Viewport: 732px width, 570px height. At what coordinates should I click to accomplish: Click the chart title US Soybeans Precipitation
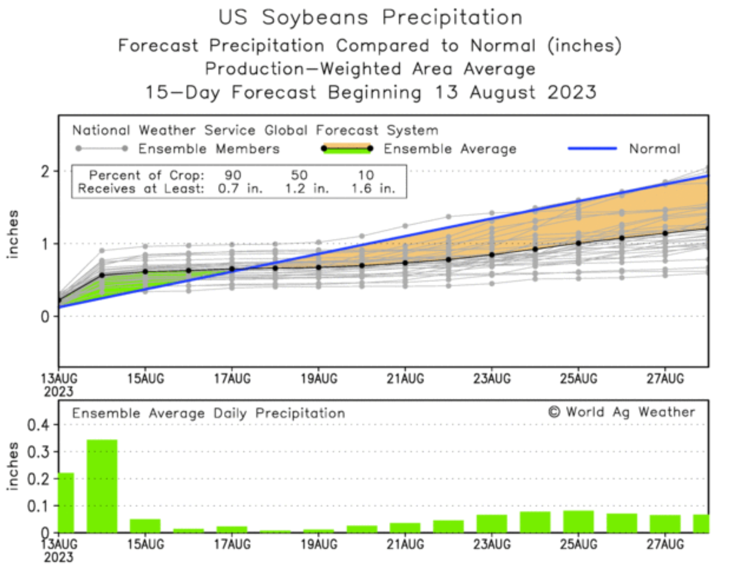click(370, 18)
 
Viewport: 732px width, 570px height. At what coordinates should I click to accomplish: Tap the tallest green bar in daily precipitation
click(102, 485)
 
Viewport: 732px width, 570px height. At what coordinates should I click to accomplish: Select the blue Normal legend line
click(592, 149)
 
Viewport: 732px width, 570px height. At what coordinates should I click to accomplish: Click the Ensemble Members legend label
click(209, 149)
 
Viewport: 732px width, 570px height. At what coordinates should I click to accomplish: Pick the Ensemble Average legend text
click(449, 149)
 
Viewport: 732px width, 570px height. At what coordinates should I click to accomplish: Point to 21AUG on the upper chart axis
click(405, 379)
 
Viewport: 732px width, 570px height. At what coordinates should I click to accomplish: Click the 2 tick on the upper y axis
click(46, 172)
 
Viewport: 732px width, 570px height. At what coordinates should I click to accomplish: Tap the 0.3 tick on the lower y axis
click(38, 452)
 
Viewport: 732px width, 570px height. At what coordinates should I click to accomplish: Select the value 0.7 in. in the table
click(240, 189)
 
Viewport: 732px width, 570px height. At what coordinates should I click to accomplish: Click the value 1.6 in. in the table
click(373, 189)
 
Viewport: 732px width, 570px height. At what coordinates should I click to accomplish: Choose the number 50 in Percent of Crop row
click(299, 176)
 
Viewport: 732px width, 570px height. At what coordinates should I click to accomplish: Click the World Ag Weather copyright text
click(622, 412)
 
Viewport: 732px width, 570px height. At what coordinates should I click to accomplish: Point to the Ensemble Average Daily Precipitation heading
click(208, 413)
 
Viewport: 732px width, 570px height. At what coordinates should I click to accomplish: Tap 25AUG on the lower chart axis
click(579, 544)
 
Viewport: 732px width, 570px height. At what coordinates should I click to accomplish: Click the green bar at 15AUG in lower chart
click(145, 526)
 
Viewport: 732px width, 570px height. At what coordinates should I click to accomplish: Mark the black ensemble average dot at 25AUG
click(579, 243)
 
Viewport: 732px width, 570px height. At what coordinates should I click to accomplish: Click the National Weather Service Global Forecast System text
click(255, 131)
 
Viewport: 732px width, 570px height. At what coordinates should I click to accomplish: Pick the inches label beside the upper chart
click(13, 234)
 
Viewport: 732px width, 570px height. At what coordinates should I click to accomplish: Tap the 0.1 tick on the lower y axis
click(38, 506)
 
